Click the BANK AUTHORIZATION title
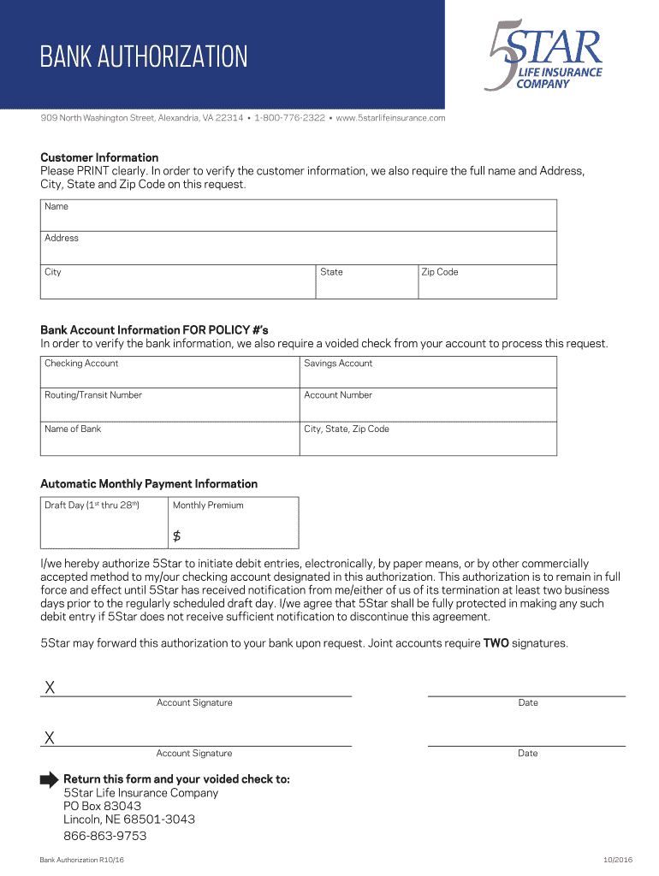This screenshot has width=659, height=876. tap(144, 57)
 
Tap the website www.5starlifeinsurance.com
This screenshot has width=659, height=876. tap(391, 118)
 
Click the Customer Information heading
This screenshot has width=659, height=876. tap(99, 157)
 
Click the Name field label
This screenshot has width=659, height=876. tap(56, 207)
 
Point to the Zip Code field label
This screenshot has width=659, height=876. tap(440, 272)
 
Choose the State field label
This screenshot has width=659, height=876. tap(331, 272)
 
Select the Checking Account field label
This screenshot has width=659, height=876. tap(81, 364)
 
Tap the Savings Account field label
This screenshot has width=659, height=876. tap(338, 364)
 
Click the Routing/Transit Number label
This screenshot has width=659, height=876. tap(93, 395)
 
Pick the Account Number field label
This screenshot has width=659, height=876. tap(338, 395)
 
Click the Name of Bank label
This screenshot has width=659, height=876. tap(73, 429)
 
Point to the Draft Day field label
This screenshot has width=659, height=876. tap(92, 506)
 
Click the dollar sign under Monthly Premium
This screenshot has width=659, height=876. tap(177, 536)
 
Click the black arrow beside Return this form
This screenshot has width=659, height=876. tap(50, 779)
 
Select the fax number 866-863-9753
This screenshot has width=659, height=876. tap(104, 836)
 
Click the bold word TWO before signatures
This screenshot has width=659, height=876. tap(496, 643)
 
